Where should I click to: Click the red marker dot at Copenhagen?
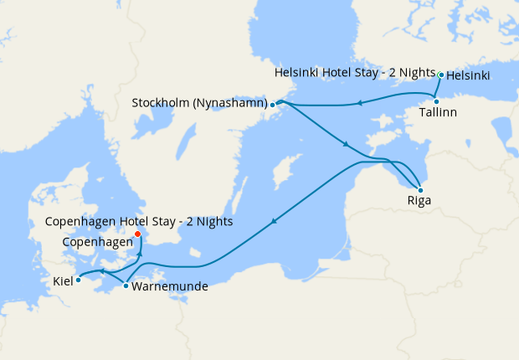click(138, 234)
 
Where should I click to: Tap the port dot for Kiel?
click(78, 280)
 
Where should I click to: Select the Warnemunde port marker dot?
click(126, 286)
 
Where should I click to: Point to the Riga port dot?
click(420, 190)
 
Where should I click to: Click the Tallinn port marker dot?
click(436, 101)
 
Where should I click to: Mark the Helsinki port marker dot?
click(441, 75)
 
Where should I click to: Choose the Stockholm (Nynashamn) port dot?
click(273, 105)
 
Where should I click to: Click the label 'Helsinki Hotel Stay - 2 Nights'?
click(355, 75)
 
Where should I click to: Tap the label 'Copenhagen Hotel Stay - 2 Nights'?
click(139, 222)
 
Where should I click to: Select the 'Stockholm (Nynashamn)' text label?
click(199, 104)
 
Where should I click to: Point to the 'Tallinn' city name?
click(439, 113)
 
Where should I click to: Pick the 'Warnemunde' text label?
click(170, 286)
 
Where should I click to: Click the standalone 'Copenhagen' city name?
click(97, 241)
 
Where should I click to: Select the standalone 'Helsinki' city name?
click(469, 75)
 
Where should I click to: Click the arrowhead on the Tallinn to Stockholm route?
click(358, 104)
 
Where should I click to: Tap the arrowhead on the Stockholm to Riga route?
click(345, 146)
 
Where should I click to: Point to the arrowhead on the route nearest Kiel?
click(100, 271)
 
